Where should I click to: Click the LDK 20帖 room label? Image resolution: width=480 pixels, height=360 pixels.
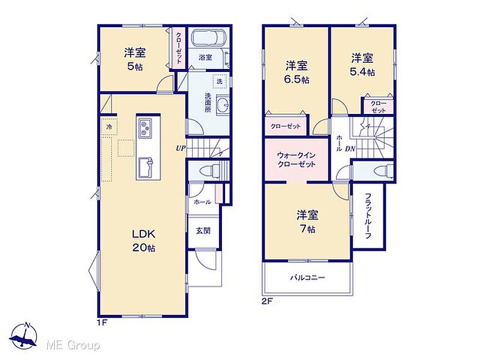(144, 241)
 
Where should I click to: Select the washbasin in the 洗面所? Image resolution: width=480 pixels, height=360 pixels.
(222, 106)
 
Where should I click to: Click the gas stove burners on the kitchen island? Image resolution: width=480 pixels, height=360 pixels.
(145, 127)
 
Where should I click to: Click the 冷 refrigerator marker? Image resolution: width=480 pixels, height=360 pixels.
(109, 127)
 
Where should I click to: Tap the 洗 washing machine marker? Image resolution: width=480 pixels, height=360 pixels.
(220, 82)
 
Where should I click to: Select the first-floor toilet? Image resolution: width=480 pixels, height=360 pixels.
(209, 170)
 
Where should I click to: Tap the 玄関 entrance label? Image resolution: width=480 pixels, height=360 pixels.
(203, 231)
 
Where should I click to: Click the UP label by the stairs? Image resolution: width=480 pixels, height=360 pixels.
(181, 148)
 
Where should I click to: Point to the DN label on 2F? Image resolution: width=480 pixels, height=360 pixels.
(350, 149)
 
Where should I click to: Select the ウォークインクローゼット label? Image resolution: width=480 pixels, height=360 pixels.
(296, 160)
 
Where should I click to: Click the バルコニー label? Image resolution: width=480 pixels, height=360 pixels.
(308, 278)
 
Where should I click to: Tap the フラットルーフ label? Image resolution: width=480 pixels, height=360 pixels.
(368, 216)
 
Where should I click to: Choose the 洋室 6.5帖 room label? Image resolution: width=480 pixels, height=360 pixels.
(296, 72)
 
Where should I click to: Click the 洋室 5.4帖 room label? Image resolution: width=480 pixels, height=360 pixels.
(362, 65)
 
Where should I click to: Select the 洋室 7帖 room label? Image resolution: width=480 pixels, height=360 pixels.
(307, 221)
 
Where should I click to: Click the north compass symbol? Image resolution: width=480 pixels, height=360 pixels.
(23, 337)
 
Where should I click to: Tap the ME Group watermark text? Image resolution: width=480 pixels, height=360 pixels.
(73, 346)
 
